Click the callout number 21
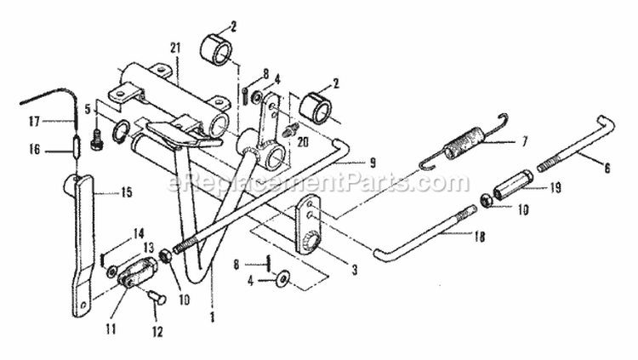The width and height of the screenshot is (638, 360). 174,48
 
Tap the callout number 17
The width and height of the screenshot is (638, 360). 35,121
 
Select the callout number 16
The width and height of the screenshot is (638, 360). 35,150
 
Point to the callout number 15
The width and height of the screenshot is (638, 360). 127,191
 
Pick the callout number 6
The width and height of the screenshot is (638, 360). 607,168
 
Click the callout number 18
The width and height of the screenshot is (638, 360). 480,237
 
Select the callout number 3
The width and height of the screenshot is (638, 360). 355,269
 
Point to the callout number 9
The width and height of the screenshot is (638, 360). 373,163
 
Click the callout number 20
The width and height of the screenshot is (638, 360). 302,142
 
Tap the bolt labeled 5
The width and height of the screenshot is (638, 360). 98,139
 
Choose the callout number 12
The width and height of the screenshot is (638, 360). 157,332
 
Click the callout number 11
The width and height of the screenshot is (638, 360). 111,329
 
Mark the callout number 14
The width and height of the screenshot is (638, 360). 139,234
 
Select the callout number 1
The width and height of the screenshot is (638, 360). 212,317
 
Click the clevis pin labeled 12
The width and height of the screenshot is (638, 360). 157,298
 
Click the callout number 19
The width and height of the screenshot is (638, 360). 555,188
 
